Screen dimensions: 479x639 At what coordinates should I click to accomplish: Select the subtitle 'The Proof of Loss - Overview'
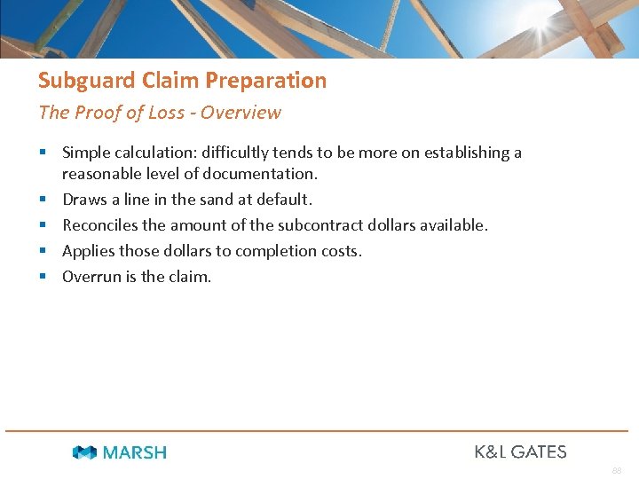[159, 113]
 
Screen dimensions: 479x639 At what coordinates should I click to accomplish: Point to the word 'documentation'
[264, 174]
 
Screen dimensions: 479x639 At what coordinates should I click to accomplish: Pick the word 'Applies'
[87, 251]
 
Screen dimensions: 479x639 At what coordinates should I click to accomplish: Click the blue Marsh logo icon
[84, 452]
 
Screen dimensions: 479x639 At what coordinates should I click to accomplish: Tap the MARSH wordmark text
[134, 452]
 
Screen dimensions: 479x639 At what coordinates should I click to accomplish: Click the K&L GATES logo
[520, 452]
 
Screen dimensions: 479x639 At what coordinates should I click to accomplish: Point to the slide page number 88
[616, 471]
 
